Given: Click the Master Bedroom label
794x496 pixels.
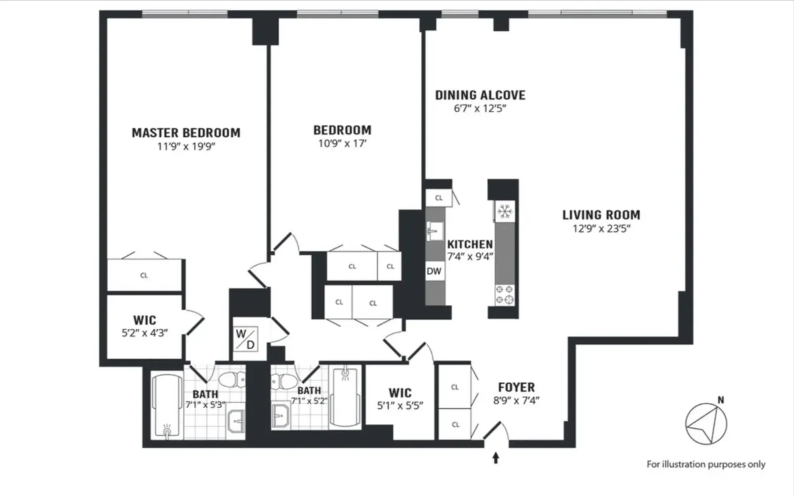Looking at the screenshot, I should click(x=186, y=133).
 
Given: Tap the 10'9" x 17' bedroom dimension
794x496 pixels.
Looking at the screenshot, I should click(x=342, y=143).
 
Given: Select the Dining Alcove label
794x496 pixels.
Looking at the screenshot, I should click(x=480, y=95).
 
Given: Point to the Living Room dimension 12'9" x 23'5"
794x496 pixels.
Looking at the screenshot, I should click(x=601, y=228).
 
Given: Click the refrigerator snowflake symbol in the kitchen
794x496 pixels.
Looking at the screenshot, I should click(x=505, y=212).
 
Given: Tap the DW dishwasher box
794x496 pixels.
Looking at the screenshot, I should click(x=434, y=271).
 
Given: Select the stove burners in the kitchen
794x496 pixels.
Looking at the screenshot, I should click(x=505, y=295).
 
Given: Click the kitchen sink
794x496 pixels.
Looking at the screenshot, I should click(x=435, y=231).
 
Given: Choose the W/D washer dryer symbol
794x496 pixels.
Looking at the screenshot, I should click(x=246, y=339).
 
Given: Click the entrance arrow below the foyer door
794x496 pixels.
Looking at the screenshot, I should click(x=496, y=458).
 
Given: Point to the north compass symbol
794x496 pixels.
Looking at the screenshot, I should click(x=706, y=424).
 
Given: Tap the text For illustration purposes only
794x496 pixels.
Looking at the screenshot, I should click(x=706, y=464).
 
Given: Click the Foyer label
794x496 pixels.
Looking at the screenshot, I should click(x=516, y=387).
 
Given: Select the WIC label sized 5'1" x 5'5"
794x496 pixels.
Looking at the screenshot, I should click(x=400, y=393).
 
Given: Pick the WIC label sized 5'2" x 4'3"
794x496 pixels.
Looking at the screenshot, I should click(x=144, y=320).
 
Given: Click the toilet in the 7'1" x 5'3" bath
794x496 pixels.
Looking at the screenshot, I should click(x=232, y=379).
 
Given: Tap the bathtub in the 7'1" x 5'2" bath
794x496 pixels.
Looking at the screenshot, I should click(x=345, y=398).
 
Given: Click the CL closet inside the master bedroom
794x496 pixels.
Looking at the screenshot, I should click(x=144, y=275).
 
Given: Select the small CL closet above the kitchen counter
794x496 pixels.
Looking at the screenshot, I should click(x=438, y=198).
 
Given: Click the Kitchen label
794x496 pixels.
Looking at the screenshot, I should click(x=470, y=244).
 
